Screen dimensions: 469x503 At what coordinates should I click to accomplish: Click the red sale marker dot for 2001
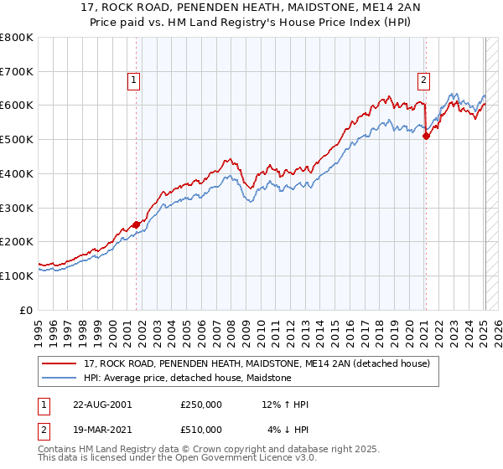pos(136,224)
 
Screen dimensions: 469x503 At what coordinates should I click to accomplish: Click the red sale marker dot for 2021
pos(426,136)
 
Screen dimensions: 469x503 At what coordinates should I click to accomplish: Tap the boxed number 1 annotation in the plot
pos(134,80)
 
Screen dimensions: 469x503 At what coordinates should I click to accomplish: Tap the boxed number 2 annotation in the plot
pos(424,80)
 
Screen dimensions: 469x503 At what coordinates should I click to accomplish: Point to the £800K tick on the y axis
pos(17,38)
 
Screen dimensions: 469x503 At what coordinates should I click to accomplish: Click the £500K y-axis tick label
pos(17,140)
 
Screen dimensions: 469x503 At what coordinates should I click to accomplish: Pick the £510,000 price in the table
pos(201,430)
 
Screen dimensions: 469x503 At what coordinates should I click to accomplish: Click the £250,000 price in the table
pos(201,405)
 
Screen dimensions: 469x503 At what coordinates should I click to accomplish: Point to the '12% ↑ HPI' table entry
pos(285,405)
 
